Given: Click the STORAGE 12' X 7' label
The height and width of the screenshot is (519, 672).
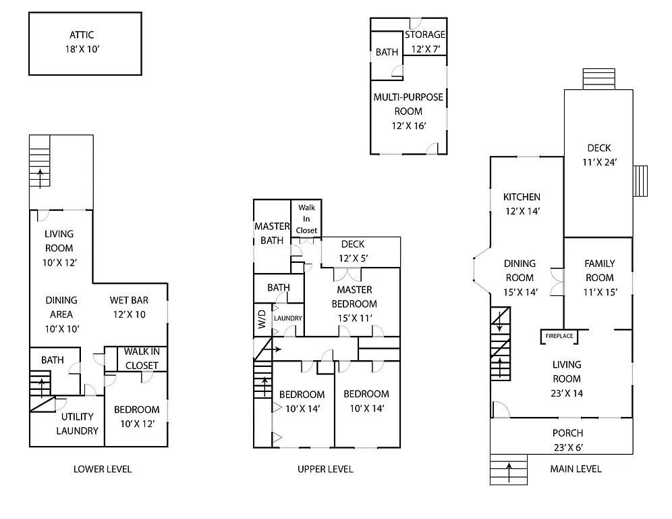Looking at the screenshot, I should [424, 41].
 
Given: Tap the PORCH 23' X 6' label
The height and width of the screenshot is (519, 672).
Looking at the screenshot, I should [567, 440].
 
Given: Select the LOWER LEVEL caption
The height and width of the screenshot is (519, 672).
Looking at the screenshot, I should [102, 469].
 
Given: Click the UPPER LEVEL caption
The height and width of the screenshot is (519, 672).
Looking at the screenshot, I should [325, 469].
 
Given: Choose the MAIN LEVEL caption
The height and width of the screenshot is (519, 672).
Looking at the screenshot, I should [576, 469].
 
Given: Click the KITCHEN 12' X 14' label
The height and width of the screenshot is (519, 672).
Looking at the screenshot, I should [522, 204].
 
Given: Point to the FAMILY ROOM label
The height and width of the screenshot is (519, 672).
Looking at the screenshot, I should [599, 271].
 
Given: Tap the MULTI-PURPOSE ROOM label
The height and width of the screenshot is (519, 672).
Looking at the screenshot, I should [408, 111].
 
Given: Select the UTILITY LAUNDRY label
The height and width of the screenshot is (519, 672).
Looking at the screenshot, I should [77, 424].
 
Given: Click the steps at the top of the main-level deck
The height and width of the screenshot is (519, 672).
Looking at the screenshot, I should [598, 78].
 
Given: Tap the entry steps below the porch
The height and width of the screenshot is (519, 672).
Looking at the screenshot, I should [508, 470].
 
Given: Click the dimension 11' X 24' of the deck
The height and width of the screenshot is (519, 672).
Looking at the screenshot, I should [598, 162].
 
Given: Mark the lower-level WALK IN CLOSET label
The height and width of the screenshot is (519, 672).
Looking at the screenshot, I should [141, 359].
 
